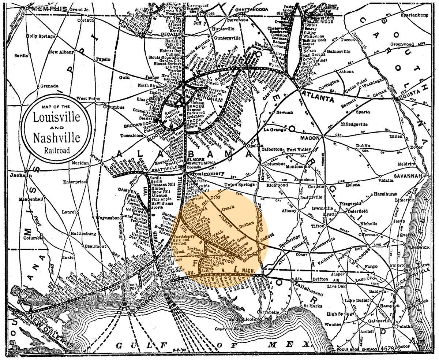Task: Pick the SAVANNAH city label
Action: click(408, 176)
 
